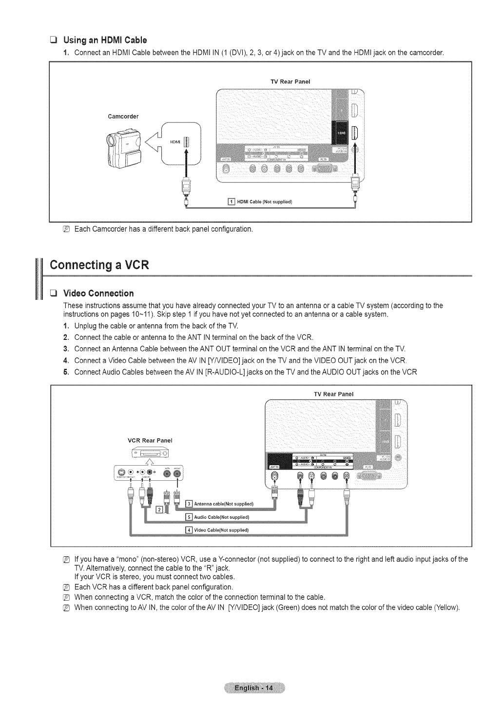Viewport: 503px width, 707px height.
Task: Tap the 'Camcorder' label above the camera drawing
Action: point(123,117)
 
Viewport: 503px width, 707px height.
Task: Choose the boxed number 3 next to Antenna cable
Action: point(190,504)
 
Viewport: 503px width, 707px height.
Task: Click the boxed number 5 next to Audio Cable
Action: point(190,517)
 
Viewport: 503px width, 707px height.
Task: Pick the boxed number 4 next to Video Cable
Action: point(190,530)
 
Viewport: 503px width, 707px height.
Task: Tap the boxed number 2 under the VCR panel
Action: point(158,511)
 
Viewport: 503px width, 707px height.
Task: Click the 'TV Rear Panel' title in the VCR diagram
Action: point(335,393)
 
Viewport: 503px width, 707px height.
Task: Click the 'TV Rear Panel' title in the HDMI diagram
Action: point(290,81)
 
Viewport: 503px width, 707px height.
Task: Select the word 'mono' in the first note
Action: point(111,559)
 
